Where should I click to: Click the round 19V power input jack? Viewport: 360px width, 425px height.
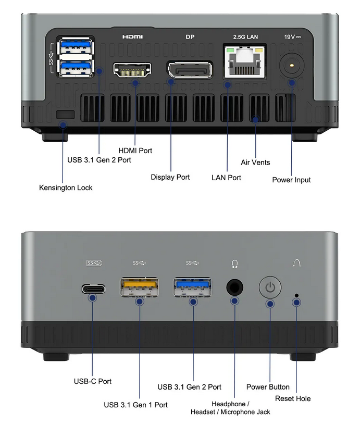[x=292, y=66]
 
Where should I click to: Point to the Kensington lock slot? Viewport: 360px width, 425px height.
[x=65, y=114]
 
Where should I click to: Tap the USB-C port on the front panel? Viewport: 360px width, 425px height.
[x=93, y=287]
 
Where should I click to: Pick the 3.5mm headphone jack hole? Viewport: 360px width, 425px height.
[x=234, y=287]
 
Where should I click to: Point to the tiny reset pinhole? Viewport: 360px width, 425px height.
[x=296, y=295]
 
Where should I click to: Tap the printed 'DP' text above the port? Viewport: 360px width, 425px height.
[x=190, y=37]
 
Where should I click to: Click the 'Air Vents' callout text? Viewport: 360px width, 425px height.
[x=255, y=162]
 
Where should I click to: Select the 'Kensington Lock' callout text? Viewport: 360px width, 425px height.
[x=66, y=187]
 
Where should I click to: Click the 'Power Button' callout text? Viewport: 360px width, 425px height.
[x=268, y=387]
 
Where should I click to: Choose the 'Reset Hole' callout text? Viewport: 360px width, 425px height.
[x=293, y=398]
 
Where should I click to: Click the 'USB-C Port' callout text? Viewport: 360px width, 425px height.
[x=93, y=381]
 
